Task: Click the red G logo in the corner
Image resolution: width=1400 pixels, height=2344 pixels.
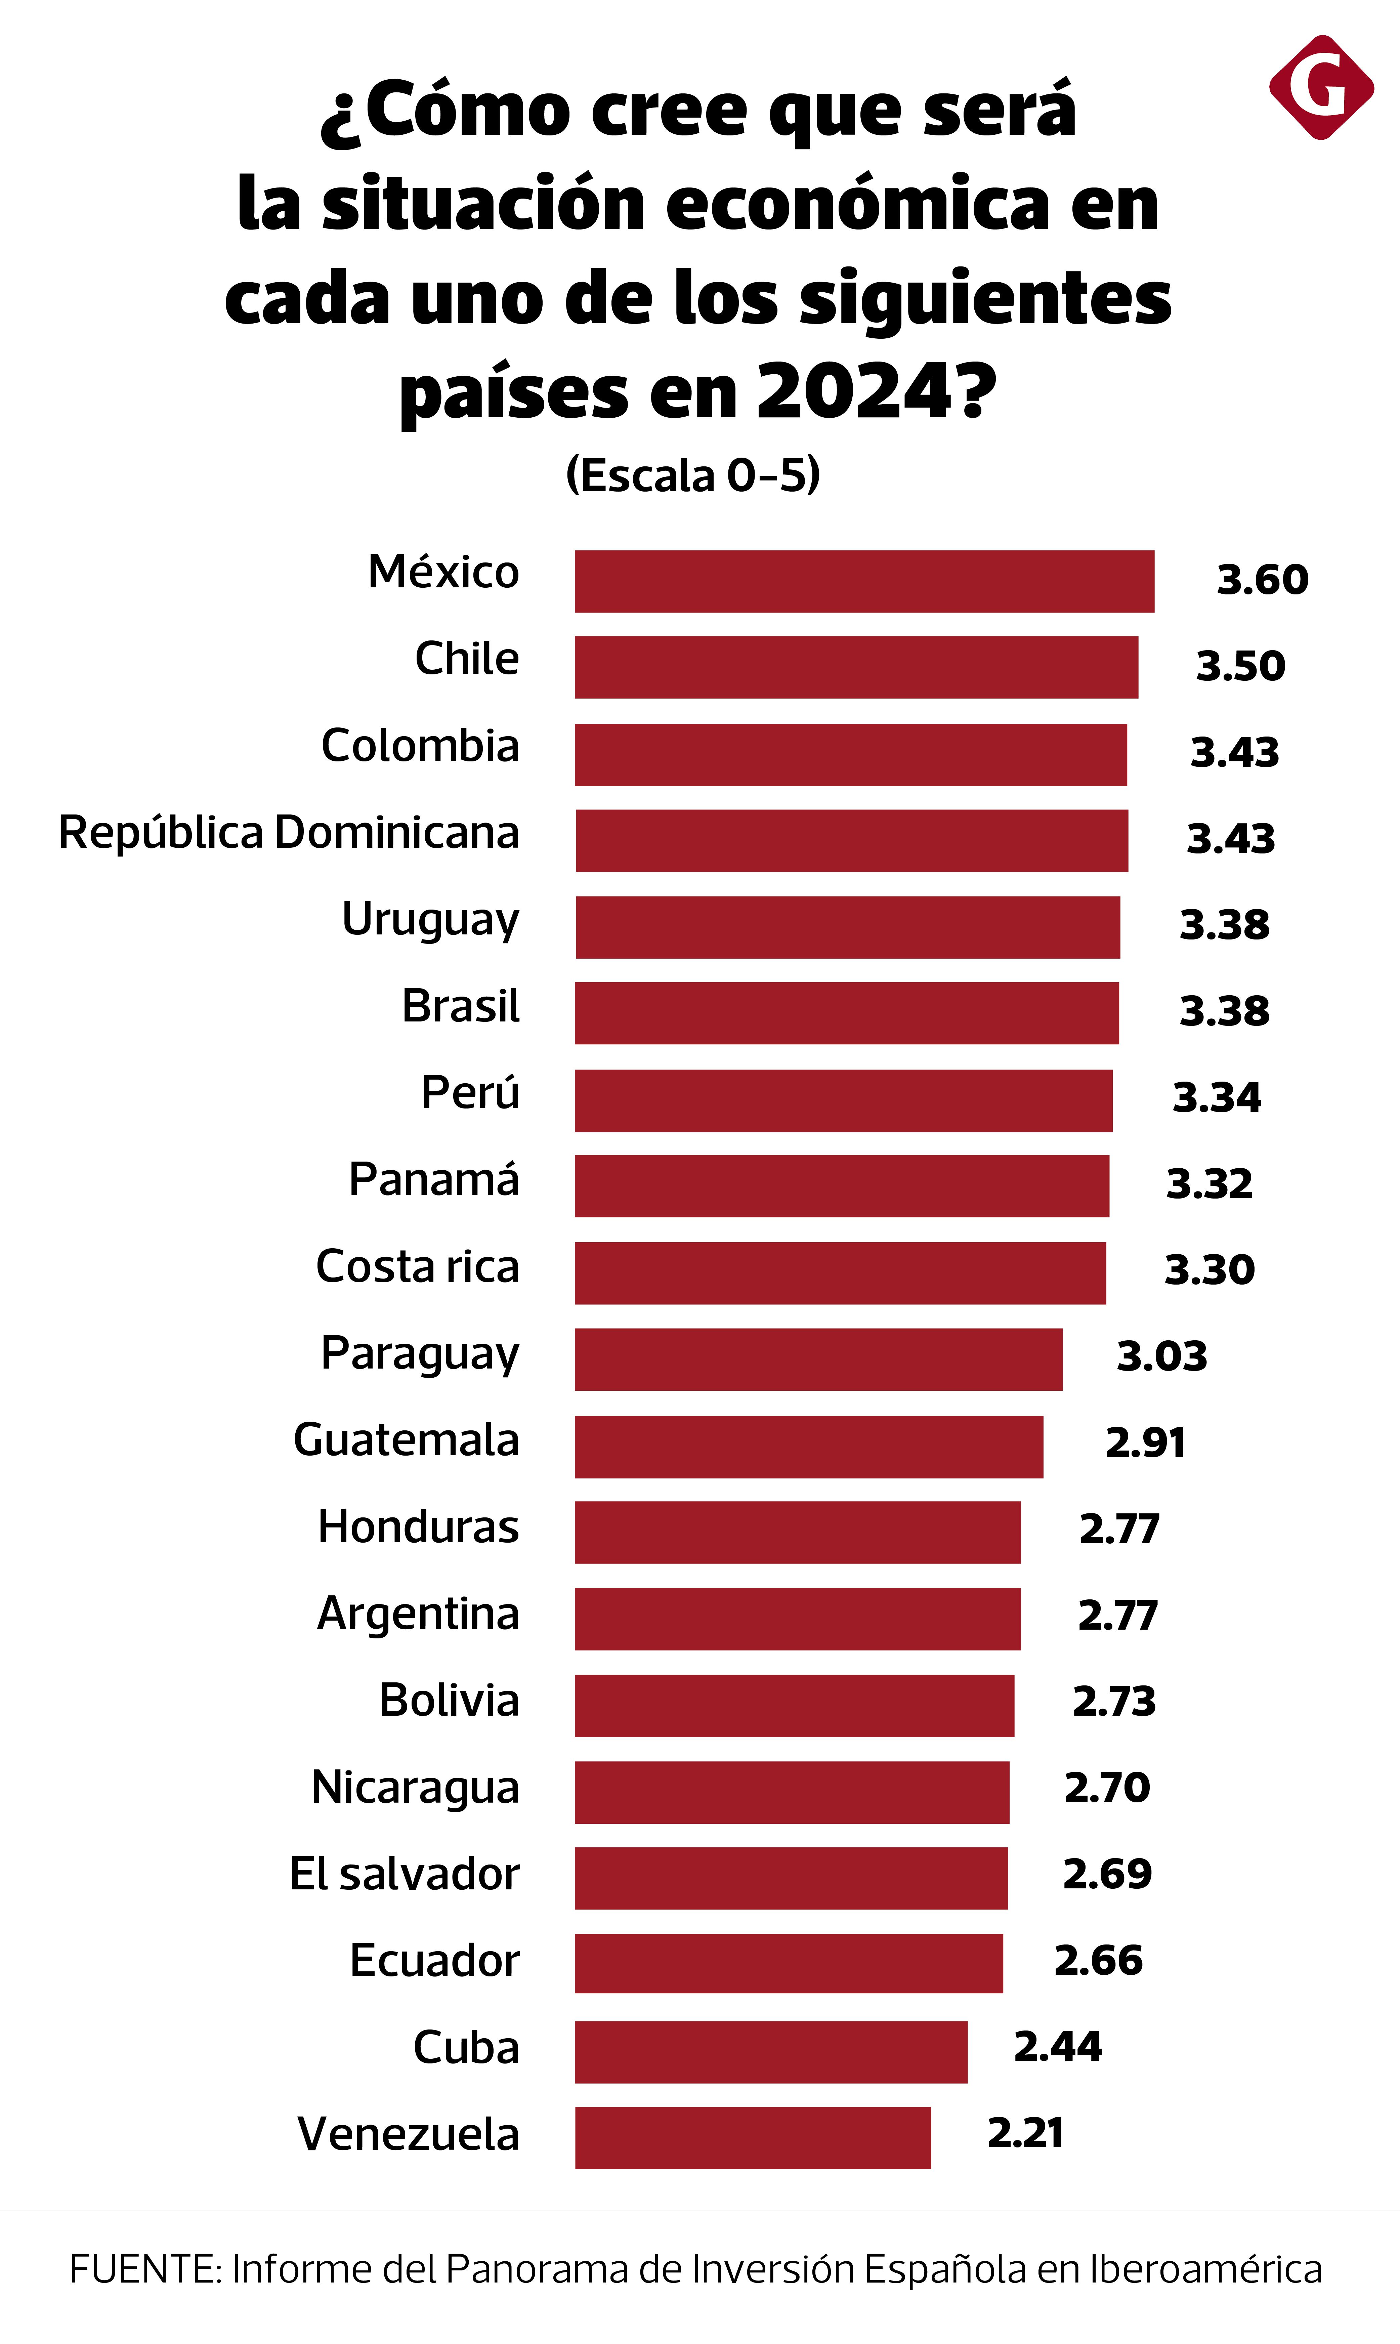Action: (1321, 88)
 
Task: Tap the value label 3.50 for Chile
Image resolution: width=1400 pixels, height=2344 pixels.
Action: (1240, 666)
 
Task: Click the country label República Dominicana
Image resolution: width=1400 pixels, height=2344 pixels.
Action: (289, 833)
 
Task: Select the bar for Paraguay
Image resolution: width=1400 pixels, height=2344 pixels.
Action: (818, 1359)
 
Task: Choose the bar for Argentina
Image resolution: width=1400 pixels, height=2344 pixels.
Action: (797, 1619)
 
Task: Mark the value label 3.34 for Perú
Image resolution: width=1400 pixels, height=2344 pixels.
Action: (1216, 1097)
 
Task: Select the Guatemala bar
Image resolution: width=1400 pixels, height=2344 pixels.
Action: (808, 1446)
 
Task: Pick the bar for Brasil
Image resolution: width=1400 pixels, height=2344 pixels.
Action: (846, 1013)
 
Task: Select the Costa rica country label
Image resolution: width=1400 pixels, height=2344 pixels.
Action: (417, 1267)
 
